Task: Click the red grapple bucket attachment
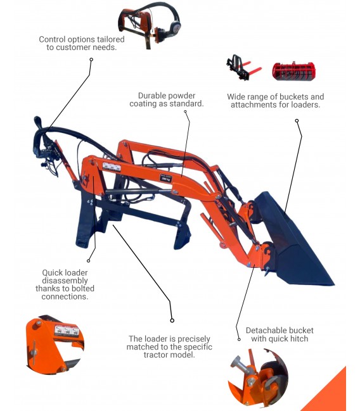(x=293, y=71)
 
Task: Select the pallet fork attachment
(x=243, y=68)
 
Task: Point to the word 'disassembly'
(x=65, y=281)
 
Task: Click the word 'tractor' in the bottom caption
(x=155, y=355)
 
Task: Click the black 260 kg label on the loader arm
(x=165, y=178)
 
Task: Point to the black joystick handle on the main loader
(x=38, y=122)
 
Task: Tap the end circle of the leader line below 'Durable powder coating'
(x=185, y=111)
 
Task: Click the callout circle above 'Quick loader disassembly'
(x=89, y=261)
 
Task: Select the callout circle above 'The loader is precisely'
(x=172, y=320)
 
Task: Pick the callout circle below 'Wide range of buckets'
(x=297, y=120)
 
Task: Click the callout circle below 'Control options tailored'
(x=91, y=60)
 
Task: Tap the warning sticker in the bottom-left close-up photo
(x=67, y=331)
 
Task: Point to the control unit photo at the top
(x=150, y=25)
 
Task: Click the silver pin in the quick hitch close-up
(x=241, y=364)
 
